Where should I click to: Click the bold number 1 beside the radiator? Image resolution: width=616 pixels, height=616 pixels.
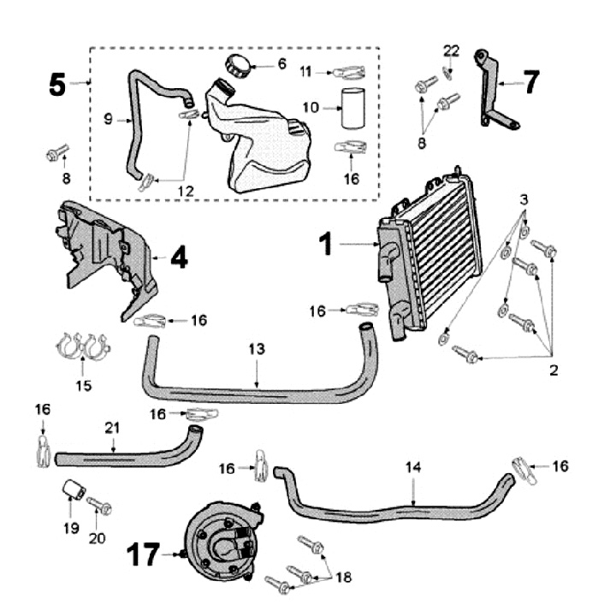[x=326, y=245]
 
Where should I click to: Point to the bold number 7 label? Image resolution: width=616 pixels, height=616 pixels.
[x=532, y=82]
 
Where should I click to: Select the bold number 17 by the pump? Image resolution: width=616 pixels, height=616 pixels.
[x=146, y=555]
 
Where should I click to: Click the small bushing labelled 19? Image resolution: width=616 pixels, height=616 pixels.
[x=74, y=492]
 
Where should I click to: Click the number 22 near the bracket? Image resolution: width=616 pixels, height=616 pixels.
[x=451, y=51]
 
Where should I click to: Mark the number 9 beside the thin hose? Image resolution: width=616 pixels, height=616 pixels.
[x=108, y=120]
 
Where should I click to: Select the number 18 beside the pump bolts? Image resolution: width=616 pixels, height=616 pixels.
[x=342, y=577]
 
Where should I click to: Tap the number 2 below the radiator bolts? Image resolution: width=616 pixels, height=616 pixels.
[x=554, y=370]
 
